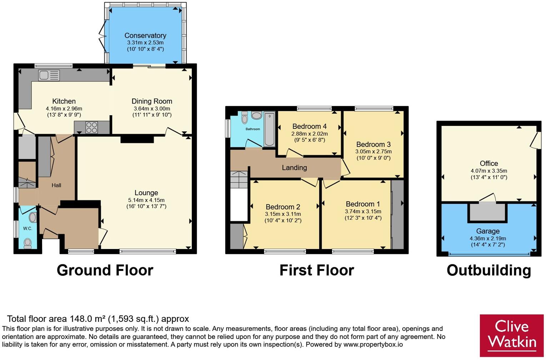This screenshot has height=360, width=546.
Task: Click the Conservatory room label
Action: (145, 36)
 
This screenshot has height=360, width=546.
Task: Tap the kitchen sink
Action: (49, 75)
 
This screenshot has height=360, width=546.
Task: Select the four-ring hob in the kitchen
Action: (92, 127)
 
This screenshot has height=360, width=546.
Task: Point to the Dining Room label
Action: (152, 101)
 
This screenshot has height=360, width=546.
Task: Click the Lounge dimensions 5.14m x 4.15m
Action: (146, 200)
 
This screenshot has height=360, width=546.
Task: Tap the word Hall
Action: (56, 186)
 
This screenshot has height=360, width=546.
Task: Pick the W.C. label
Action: (27, 228)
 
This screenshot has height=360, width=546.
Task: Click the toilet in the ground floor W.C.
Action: (28, 243)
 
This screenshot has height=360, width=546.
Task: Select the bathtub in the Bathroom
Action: (269, 129)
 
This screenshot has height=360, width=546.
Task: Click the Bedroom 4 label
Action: (309, 126)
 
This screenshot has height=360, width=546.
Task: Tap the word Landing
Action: (294, 168)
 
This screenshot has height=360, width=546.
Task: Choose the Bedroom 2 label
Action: (283, 207)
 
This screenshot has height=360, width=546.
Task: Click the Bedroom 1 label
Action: (363, 204)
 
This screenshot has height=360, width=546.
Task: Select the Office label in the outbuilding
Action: (489, 163)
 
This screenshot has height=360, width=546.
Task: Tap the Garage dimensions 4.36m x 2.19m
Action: (488, 239)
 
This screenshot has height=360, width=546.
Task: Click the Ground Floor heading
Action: (105, 270)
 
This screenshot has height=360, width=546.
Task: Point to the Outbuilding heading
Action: (489, 270)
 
